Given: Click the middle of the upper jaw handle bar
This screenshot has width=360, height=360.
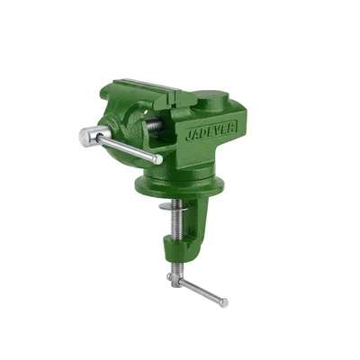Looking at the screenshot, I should [x=126, y=148].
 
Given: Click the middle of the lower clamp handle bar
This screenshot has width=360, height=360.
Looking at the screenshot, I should [x=200, y=292].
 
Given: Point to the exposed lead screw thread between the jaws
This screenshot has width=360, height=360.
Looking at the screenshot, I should [x=154, y=127].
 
